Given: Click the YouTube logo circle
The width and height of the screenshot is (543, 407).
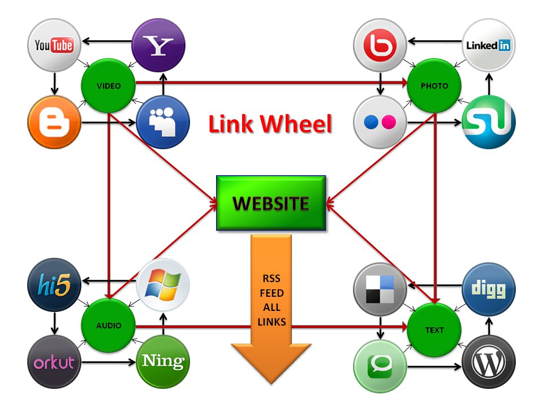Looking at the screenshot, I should point(54,45).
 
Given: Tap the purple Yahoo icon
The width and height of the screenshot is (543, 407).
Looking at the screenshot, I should point(159,46).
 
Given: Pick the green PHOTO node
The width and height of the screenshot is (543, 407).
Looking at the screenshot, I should point(434,86).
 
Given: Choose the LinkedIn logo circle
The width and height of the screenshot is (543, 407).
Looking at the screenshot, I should point(488,46).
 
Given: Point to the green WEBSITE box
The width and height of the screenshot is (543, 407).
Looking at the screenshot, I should point(271,203).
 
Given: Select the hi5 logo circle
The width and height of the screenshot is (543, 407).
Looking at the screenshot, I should point(54,286).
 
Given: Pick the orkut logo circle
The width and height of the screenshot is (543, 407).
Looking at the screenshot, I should point(54,362).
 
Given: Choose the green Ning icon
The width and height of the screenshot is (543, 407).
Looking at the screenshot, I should point(163,362).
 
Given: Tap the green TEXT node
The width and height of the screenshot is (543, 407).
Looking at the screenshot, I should point(434,330).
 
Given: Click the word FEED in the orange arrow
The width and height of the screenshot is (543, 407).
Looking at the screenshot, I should point(272,294).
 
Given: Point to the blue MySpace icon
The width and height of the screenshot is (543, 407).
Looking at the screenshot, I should point(163,122).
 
